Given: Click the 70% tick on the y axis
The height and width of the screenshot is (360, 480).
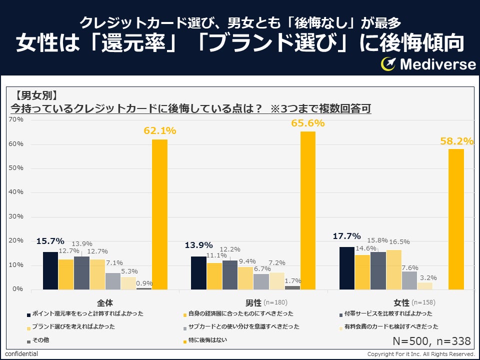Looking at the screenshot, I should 16,120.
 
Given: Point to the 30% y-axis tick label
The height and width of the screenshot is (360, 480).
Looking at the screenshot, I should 16,216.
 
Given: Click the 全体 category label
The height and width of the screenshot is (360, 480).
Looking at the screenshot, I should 105,302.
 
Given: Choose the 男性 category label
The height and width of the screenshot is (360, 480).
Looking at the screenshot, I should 253,302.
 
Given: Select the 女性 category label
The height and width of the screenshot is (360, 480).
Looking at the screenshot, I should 401,302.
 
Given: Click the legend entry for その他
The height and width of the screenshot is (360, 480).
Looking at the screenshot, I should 40,340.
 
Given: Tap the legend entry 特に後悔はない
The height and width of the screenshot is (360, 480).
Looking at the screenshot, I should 205,340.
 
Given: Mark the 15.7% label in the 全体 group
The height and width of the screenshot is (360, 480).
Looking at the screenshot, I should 50,241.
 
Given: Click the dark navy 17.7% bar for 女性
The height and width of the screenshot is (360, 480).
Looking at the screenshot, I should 347,268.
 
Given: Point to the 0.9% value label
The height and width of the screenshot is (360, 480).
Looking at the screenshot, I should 144,282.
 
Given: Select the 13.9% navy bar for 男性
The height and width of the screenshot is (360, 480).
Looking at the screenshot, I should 198,272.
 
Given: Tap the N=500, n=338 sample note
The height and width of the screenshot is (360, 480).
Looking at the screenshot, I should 432,341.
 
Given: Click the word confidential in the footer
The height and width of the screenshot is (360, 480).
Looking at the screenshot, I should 21,354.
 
